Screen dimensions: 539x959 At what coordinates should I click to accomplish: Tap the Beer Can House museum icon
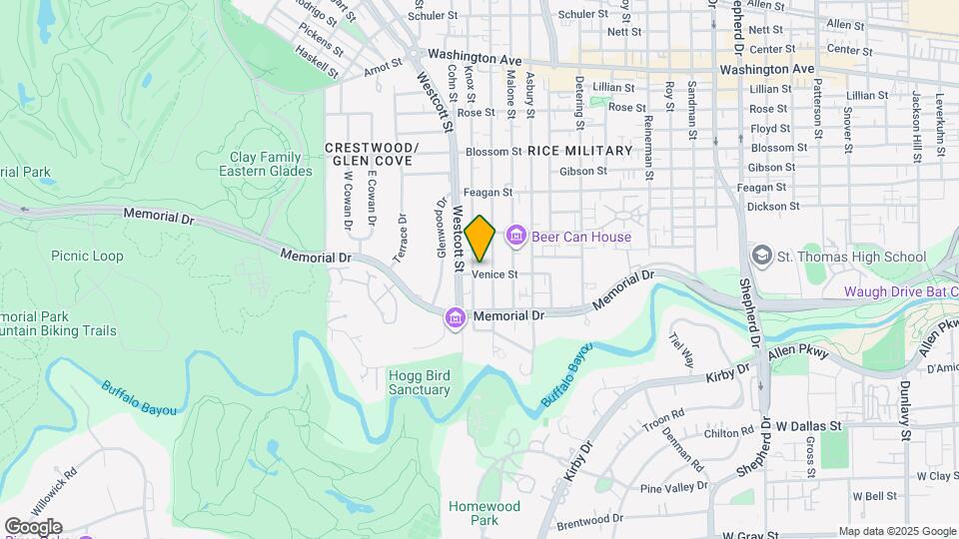[515, 237]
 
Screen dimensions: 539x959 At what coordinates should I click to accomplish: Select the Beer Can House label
[580, 238]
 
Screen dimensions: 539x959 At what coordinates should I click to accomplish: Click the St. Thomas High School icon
[763, 257]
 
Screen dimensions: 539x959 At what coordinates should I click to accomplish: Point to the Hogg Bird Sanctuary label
[419, 382]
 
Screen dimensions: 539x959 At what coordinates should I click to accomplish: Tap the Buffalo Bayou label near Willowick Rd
[139, 397]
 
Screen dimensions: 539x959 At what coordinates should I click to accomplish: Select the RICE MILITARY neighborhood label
[580, 151]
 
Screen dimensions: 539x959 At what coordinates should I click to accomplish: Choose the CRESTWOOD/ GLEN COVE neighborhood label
[371, 154]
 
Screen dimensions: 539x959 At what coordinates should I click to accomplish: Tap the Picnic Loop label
[88, 256]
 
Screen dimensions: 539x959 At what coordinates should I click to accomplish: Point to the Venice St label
[494, 273]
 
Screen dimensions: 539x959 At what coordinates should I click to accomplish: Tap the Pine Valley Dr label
[672, 488]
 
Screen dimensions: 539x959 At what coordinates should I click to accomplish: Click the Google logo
[32, 526]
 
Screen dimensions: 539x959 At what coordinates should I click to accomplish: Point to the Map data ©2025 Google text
[895, 531]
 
